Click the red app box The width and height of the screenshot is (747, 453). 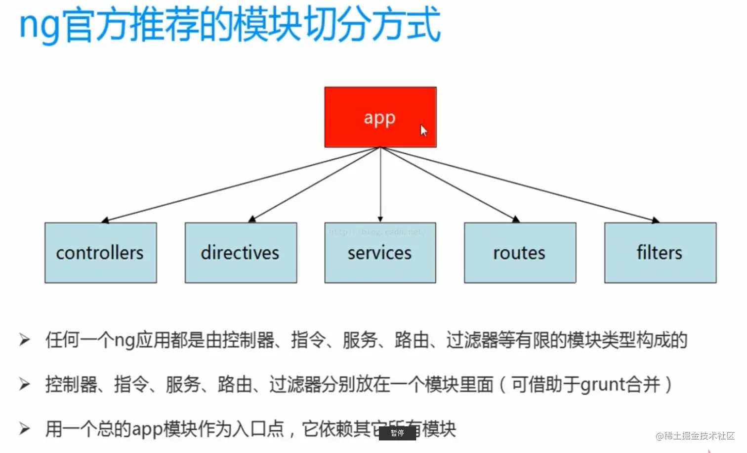click(380, 117)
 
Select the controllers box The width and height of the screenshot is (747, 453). click(100, 253)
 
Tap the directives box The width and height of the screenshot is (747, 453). click(241, 253)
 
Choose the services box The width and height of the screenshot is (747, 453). click(380, 253)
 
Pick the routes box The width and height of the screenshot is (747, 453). click(520, 253)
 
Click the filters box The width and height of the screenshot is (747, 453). click(660, 253)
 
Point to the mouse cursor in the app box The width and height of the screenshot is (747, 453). click(423, 131)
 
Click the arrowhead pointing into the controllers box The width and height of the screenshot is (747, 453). click(105, 220)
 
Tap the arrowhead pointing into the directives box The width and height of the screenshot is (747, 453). click(252, 219)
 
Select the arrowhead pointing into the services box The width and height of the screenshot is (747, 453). click(380, 219)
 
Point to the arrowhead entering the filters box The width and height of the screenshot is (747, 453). click(655, 220)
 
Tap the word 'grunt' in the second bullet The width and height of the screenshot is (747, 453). click(603, 384)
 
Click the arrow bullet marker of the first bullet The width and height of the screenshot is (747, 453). click(24, 340)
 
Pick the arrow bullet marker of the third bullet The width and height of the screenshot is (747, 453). click(24, 429)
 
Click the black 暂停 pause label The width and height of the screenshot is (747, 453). click(397, 433)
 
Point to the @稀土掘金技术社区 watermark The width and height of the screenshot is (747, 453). click(695, 436)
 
